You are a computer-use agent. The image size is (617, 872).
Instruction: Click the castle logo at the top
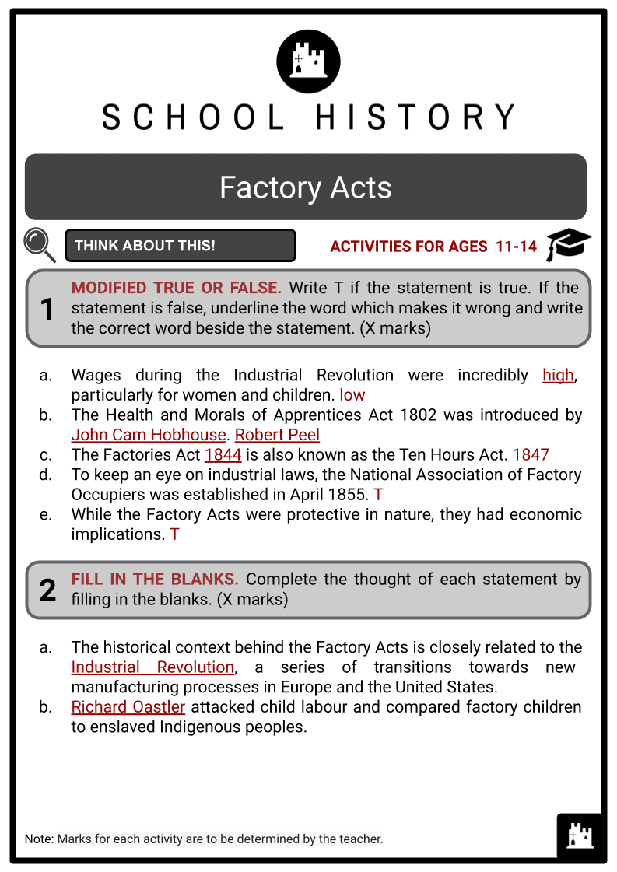click(308, 61)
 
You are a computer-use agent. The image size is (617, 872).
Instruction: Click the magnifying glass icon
click(39, 244)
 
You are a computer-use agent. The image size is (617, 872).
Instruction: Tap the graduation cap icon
click(568, 245)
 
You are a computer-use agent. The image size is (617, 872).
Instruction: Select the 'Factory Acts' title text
click(305, 187)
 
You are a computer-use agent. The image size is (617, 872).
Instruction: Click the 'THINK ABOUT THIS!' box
click(181, 246)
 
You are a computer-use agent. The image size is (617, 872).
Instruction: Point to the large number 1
click(47, 309)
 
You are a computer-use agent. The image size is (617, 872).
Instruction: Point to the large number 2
click(47, 590)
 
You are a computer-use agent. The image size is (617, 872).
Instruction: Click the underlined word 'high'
click(558, 375)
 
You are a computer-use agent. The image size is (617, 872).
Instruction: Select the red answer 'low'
click(352, 395)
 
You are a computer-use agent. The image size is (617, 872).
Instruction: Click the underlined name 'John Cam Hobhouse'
click(148, 435)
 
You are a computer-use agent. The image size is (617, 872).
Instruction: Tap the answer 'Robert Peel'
click(277, 435)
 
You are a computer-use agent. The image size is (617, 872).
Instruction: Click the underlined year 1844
click(223, 454)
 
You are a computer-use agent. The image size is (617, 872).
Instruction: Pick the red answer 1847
click(531, 454)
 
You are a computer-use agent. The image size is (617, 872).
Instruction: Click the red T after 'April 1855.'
click(378, 494)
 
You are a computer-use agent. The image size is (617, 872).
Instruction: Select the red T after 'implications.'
click(175, 534)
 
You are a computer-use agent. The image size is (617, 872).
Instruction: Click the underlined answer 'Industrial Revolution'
click(152, 667)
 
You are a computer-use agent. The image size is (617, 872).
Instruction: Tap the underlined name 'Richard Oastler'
click(128, 707)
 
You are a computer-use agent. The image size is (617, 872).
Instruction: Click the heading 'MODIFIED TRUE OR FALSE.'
click(176, 288)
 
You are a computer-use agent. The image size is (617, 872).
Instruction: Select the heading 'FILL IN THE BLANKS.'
click(155, 580)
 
